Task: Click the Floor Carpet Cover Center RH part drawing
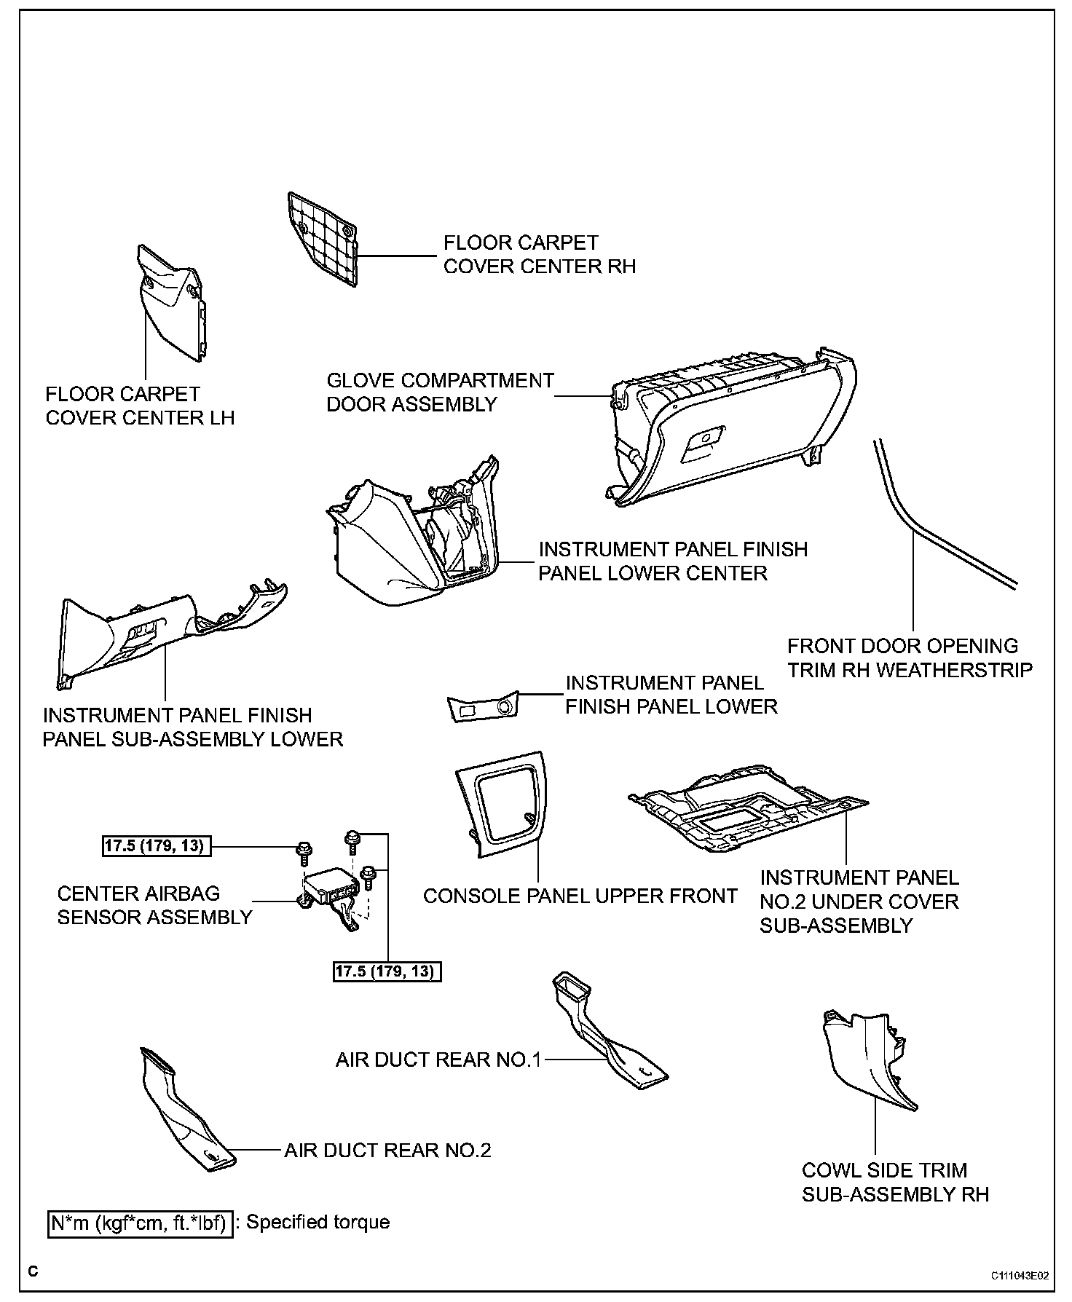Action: pyautogui.click(x=323, y=237)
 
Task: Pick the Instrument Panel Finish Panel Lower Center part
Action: pyautogui.click(x=408, y=546)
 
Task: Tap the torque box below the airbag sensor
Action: pyautogui.click(x=387, y=971)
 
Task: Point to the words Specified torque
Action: pyautogui.click(x=318, y=1222)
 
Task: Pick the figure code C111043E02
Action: pyautogui.click(x=1019, y=1275)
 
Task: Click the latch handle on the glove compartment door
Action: pyautogui.click(x=702, y=439)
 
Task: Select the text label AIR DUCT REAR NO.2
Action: pyautogui.click(x=387, y=1151)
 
